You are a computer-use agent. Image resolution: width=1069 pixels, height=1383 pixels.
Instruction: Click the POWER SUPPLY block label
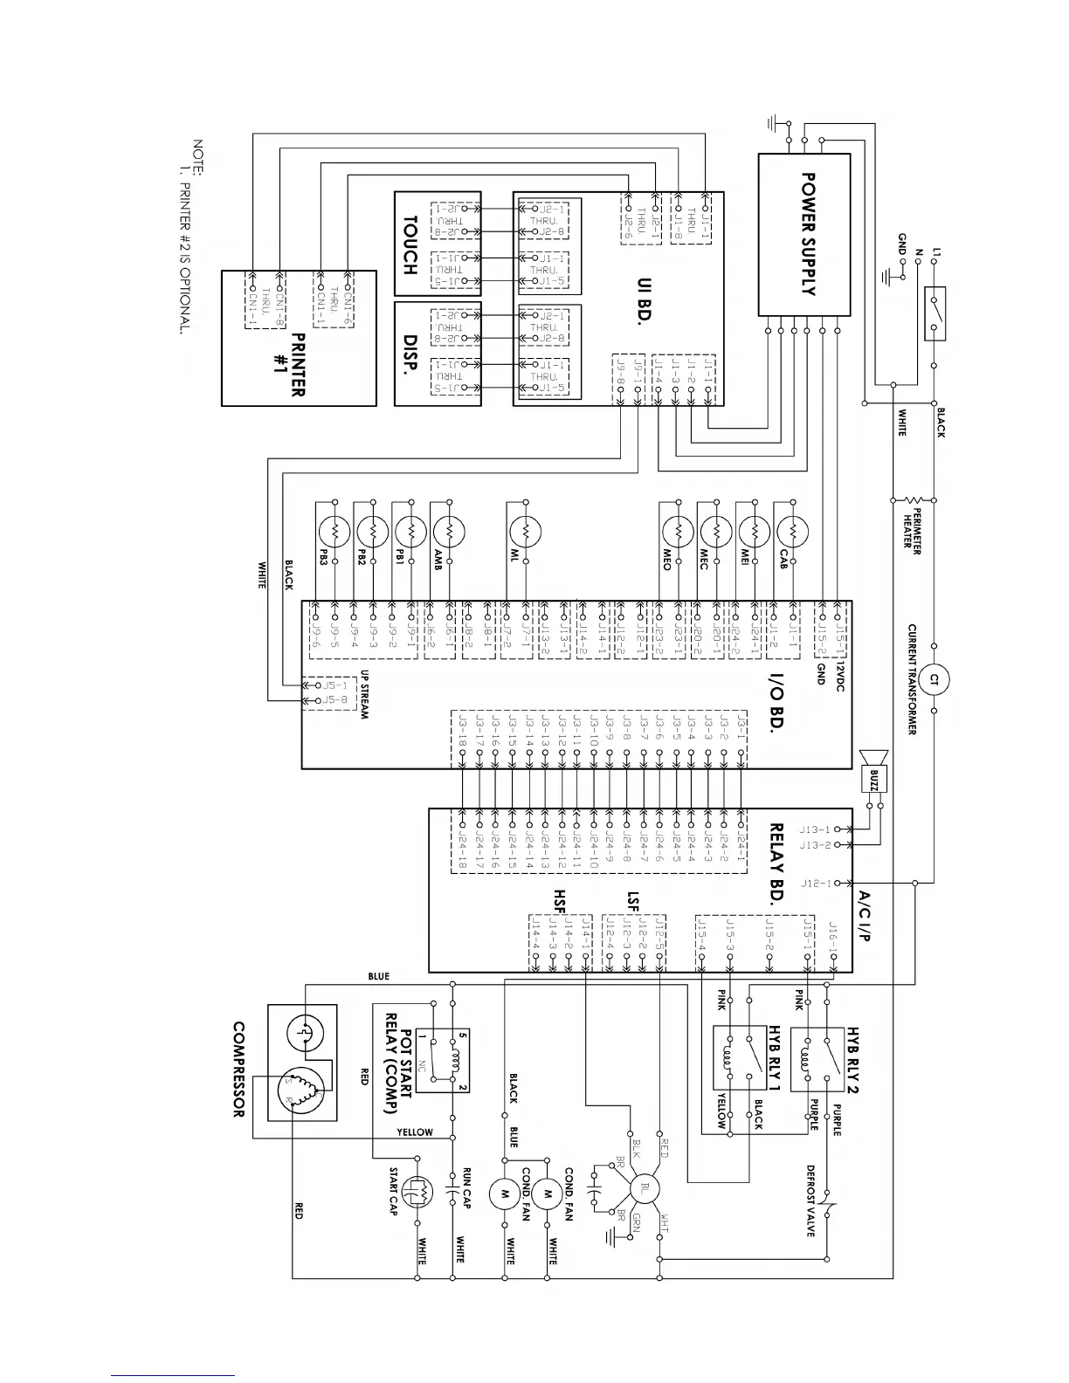(808, 234)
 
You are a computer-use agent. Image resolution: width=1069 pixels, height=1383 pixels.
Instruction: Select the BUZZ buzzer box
(873, 777)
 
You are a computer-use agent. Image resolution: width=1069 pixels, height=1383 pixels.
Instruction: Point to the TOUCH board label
(409, 244)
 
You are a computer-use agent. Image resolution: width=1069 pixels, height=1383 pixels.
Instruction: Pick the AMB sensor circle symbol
(448, 532)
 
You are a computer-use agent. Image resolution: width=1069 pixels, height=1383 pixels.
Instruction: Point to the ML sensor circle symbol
(526, 532)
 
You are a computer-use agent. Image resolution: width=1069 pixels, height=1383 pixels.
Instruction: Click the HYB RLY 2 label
(853, 1059)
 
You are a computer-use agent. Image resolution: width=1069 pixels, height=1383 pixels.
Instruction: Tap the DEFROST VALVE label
(810, 1201)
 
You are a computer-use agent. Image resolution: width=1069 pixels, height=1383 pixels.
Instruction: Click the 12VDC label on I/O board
(839, 675)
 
